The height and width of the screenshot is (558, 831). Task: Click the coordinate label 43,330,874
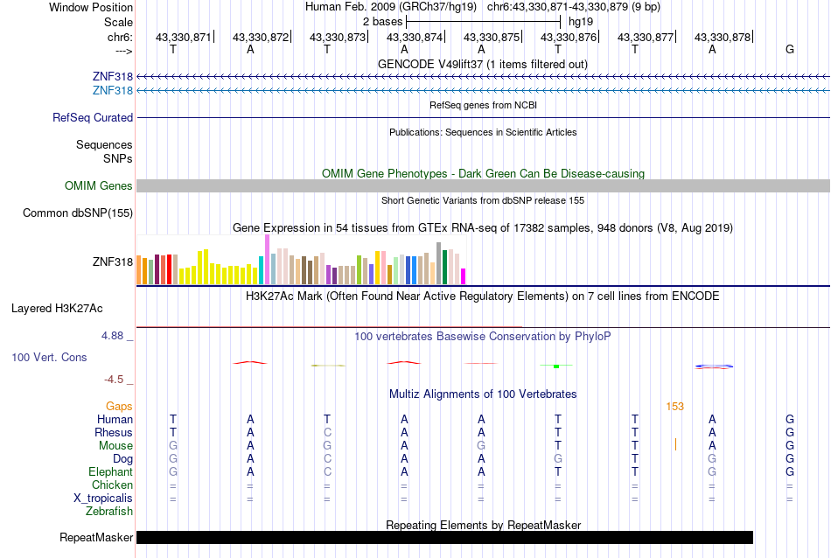(415, 38)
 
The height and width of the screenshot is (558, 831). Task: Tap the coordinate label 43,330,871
(184, 38)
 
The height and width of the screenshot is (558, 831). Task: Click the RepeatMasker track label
(96, 537)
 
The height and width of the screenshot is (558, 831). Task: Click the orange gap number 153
(674, 406)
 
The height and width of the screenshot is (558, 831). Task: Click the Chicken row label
(112, 485)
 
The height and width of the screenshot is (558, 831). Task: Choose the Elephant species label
(109, 471)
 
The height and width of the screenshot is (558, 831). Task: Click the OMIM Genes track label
(99, 185)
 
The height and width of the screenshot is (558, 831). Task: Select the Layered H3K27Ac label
(57, 308)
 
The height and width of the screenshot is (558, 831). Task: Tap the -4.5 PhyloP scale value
(115, 380)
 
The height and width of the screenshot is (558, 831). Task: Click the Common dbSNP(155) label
(78, 213)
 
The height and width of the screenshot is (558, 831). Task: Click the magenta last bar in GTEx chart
(463, 276)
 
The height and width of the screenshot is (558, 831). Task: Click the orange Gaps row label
(119, 406)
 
